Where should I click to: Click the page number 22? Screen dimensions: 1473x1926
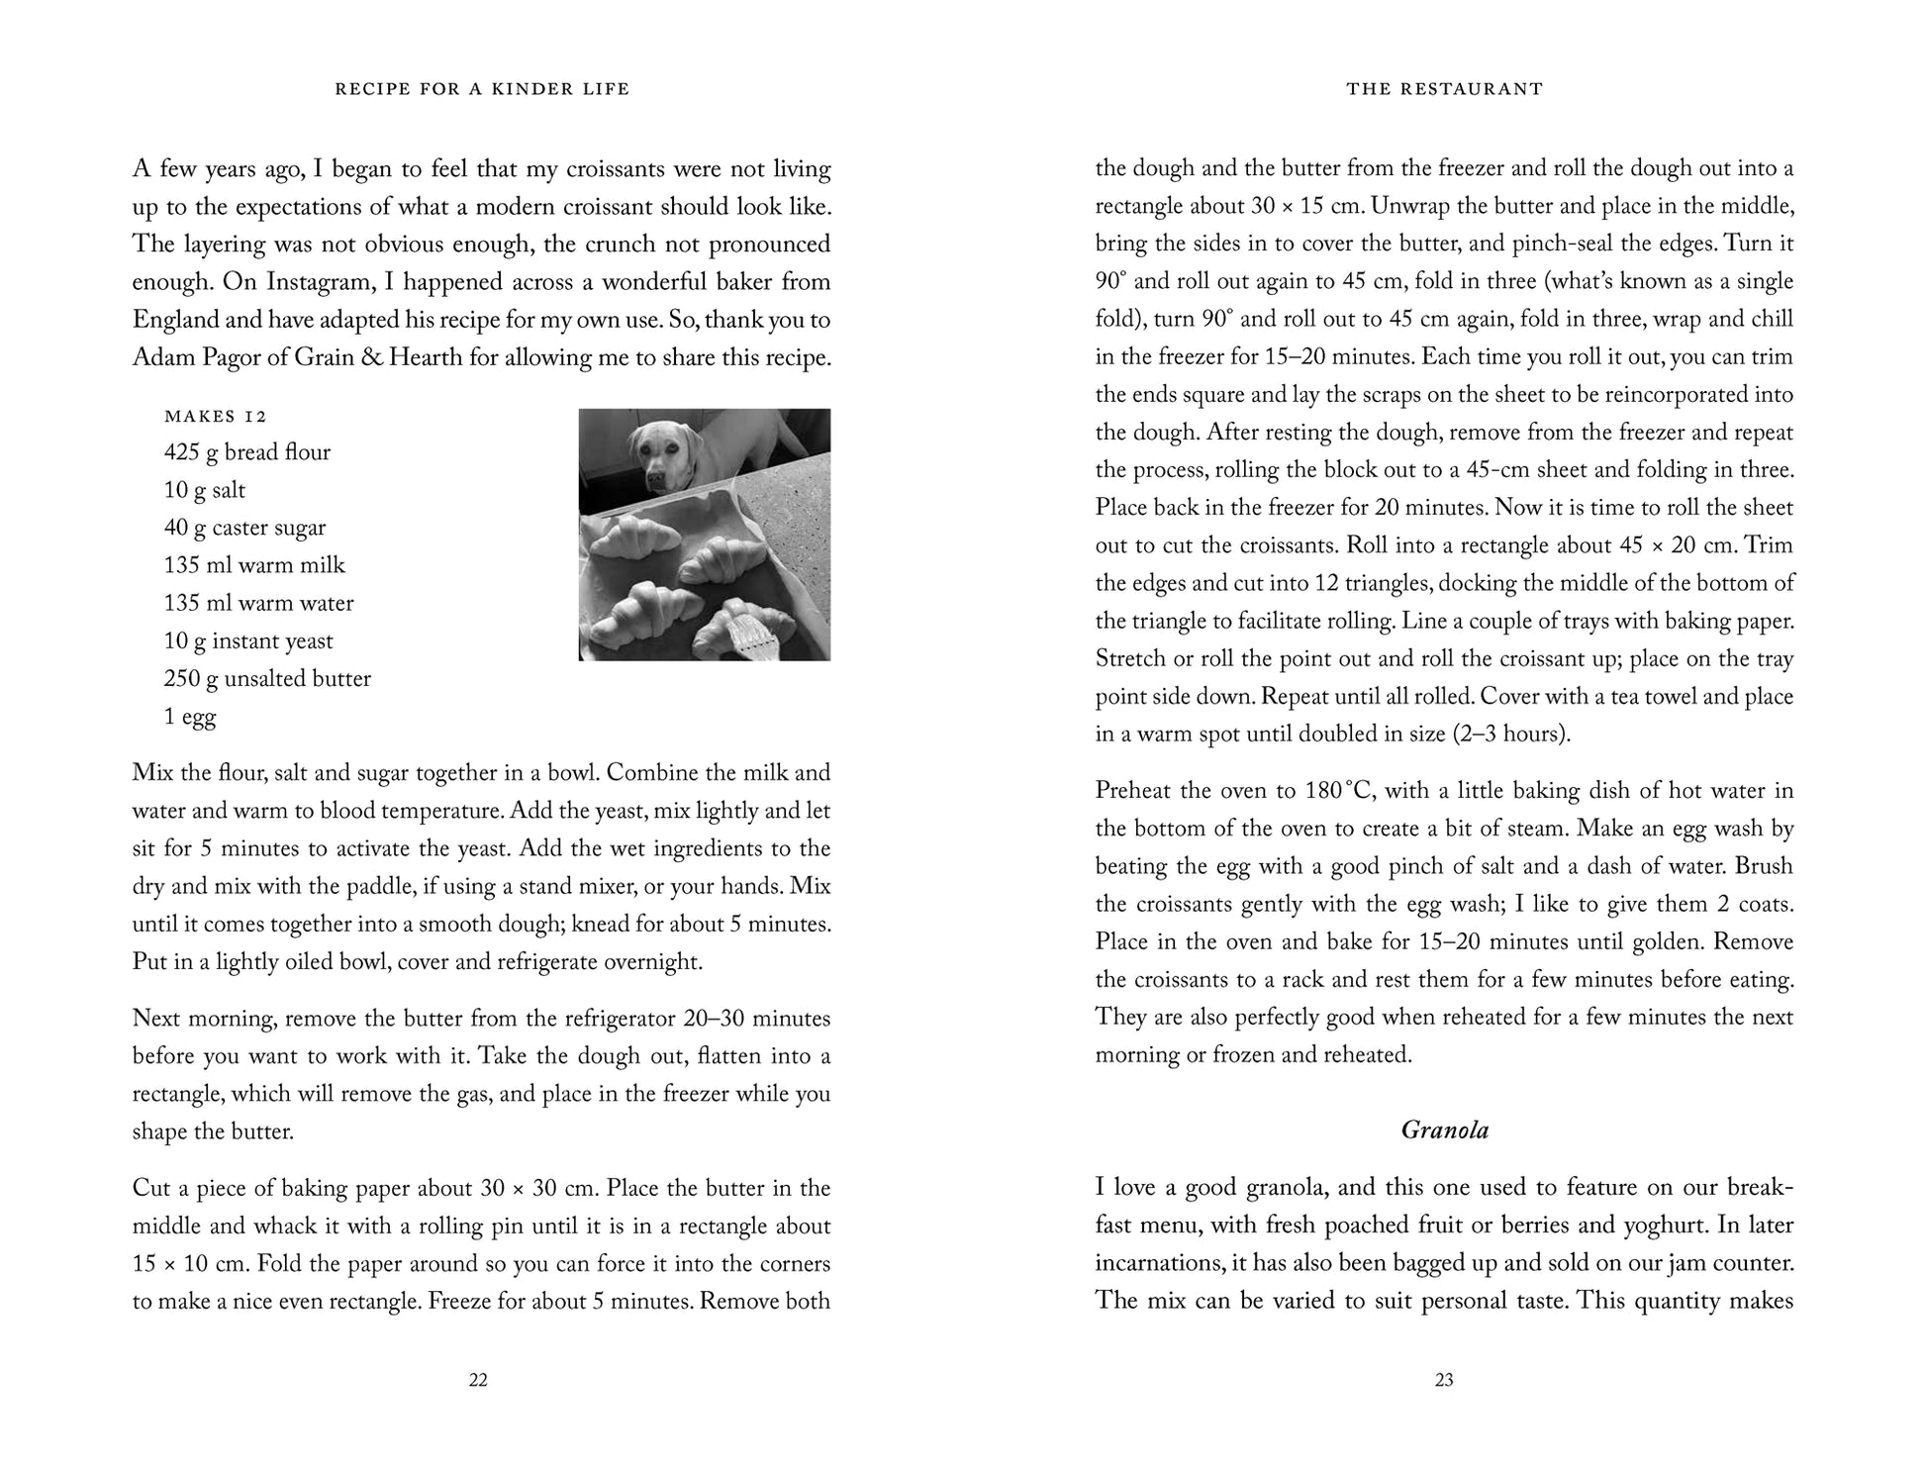478,1380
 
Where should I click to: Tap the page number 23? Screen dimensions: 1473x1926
1444,1380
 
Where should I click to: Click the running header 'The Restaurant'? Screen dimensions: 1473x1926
1444,89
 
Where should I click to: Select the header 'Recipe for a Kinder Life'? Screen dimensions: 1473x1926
482,89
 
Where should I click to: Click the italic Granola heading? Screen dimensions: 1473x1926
1444,1130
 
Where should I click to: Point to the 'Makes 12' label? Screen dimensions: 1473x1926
216,416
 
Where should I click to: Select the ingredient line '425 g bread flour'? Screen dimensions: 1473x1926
247,452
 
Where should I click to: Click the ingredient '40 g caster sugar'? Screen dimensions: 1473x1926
244,528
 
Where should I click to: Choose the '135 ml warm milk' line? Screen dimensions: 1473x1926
254,565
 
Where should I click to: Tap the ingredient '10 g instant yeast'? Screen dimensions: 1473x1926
248,641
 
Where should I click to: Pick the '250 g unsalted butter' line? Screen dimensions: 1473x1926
267,679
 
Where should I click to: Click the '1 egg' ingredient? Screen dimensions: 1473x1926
190,717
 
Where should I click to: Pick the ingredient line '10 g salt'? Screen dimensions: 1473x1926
205,490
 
